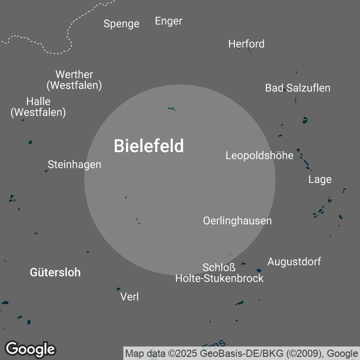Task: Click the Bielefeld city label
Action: tap(148, 146)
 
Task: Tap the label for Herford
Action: tap(246, 44)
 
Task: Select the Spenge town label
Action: tap(121, 23)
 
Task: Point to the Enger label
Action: tap(168, 21)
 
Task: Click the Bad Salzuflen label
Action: tap(297, 88)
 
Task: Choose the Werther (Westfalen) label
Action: tap(74, 80)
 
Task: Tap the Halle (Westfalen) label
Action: tap(38, 107)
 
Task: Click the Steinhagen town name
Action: tap(74, 164)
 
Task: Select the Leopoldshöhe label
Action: tap(259, 156)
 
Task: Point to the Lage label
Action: tap(319, 180)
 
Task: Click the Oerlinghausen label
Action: tap(237, 221)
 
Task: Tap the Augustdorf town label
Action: tap(294, 261)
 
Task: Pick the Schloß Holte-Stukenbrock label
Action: tap(219, 273)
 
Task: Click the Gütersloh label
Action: tap(55, 272)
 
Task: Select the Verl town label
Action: tap(130, 297)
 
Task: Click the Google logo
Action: tap(30, 349)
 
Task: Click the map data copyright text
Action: tap(241, 353)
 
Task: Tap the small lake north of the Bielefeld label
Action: tap(171, 108)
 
